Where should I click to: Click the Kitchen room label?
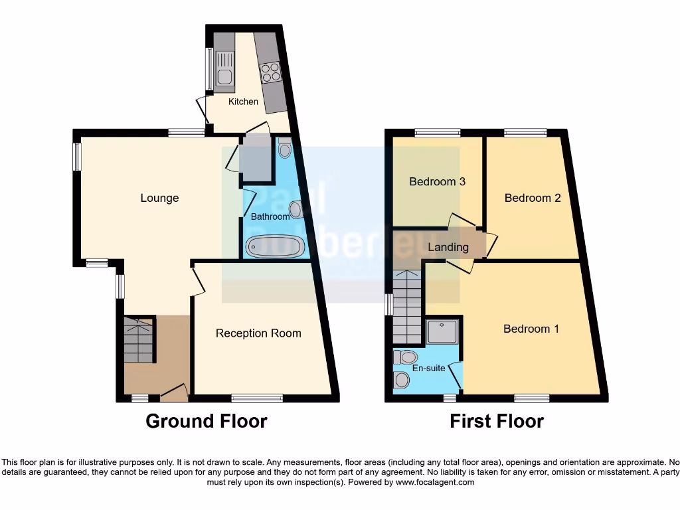[x=243, y=102]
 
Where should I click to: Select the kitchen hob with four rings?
[x=270, y=72]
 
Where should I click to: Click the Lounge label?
[x=159, y=198]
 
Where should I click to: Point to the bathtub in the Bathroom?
[x=275, y=247]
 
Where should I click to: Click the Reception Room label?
[x=258, y=333]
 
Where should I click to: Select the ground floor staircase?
[x=139, y=340]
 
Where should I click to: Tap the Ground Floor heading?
[x=206, y=421]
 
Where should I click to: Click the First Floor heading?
[x=497, y=421]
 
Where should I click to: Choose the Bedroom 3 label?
[x=436, y=181]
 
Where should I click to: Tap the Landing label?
[x=448, y=247]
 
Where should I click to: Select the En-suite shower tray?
[x=442, y=331]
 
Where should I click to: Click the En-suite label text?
[x=428, y=367]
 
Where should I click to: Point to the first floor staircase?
[x=406, y=305]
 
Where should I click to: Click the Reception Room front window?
[x=257, y=398]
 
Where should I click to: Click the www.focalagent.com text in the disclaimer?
[x=435, y=483]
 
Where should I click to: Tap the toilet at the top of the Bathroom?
[x=284, y=149]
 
